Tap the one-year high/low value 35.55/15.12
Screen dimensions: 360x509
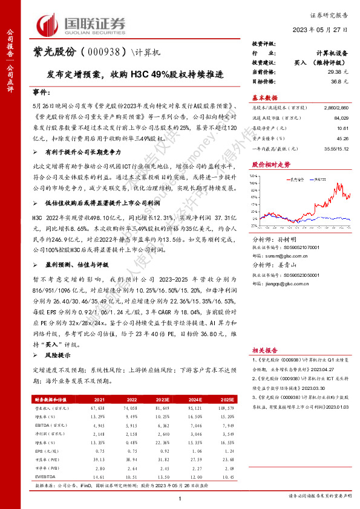click(x=336, y=149)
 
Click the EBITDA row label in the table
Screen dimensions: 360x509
click(x=44, y=426)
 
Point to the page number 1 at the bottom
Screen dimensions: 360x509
click(x=180, y=497)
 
